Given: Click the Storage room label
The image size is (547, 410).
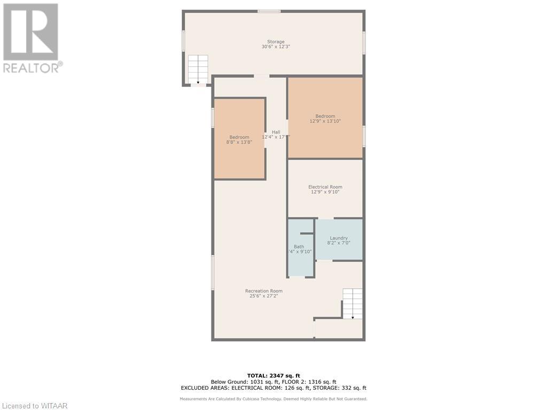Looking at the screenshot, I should (x=276, y=42).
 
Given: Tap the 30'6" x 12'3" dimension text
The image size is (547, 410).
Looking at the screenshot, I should (x=276, y=47).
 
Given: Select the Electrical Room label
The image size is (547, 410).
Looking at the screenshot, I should (x=325, y=187).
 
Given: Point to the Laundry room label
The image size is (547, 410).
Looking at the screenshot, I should (x=339, y=238).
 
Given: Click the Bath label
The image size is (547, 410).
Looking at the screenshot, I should (x=299, y=247).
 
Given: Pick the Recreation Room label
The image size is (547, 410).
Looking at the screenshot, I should (x=264, y=291).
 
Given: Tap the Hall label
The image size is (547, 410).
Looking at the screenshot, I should (x=276, y=132).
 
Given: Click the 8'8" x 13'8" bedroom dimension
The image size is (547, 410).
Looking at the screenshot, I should (x=239, y=143).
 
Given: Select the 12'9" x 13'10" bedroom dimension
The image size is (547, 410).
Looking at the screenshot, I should (x=325, y=121).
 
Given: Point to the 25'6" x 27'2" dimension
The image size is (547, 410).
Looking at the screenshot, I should (x=264, y=296).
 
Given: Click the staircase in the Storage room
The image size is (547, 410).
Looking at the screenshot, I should (x=198, y=69).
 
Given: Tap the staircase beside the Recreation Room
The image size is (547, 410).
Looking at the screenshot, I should (x=353, y=303).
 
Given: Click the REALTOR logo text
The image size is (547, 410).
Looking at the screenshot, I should (x=32, y=67).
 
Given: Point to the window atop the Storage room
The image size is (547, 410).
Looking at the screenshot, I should (x=269, y=11).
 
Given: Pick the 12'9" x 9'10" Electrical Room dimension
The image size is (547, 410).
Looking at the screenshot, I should (x=325, y=192).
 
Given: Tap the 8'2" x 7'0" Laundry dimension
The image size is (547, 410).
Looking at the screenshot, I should (x=339, y=243).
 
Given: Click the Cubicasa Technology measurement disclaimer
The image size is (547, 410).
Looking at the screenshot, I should (x=273, y=399).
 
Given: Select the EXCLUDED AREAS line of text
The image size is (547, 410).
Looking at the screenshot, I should (x=273, y=388).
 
